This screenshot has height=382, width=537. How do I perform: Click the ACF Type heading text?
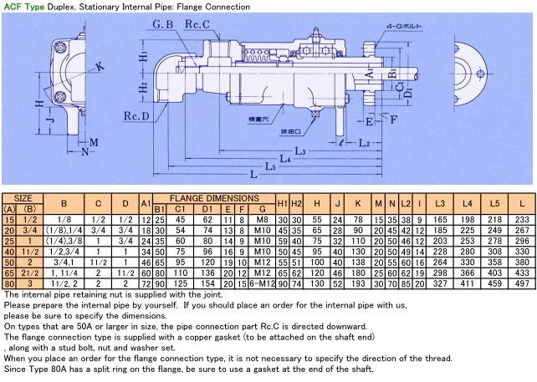pyautogui.click(x=22, y=7)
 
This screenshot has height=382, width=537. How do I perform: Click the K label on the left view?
pyautogui.click(x=101, y=65)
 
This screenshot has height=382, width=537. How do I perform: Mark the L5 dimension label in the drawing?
pyautogui.click(x=269, y=166)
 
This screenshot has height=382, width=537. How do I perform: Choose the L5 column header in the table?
pyautogui.click(x=495, y=203)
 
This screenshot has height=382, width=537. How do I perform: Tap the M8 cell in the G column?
pyautogui.click(x=263, y=219)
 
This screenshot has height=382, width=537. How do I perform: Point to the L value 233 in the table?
pyautogui.click(x=522, y=219)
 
